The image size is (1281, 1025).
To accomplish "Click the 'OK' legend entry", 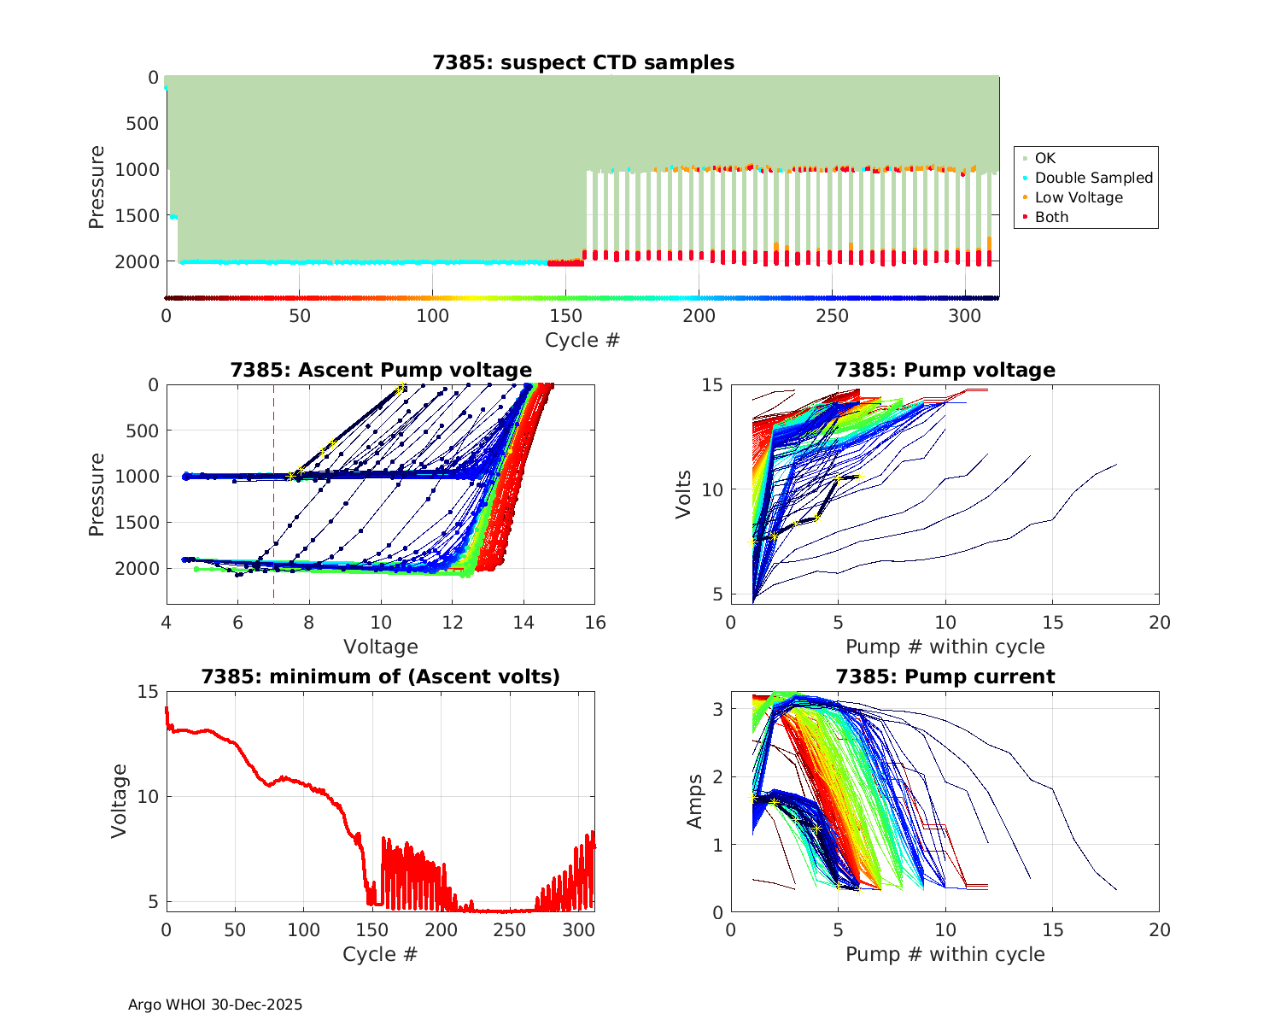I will coord(1044,158).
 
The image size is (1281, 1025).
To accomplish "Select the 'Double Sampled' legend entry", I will coord(1093,178).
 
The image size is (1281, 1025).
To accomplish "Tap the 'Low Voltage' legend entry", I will coord(1078,197).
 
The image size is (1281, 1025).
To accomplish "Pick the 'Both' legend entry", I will coord(1051,217).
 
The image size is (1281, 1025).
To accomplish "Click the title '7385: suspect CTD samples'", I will coord(583,62).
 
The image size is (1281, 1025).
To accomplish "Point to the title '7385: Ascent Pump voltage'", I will coord(381,370).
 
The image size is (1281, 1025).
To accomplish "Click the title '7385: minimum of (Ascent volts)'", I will coord(381,676).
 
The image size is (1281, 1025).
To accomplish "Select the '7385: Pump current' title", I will coord(945,676).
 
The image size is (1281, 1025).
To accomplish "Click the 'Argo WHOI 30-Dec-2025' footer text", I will coord(215,1004).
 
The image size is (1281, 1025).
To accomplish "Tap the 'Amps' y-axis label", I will coord(695,801).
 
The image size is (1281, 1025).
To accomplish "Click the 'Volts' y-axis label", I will coord(683,494).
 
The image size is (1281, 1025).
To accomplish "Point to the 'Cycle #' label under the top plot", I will coord(582,340).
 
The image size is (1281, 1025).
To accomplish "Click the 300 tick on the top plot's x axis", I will coord(965,315).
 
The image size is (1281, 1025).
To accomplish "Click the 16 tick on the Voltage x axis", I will coord(595,623).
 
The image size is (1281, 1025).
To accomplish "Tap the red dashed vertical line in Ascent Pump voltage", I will coord(273,512).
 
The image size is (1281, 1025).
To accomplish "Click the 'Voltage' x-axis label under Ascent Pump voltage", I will coord(381,647).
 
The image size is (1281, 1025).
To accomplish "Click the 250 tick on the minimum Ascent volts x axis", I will coord(511,929).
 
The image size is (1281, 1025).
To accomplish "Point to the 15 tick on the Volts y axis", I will coord(713,385).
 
